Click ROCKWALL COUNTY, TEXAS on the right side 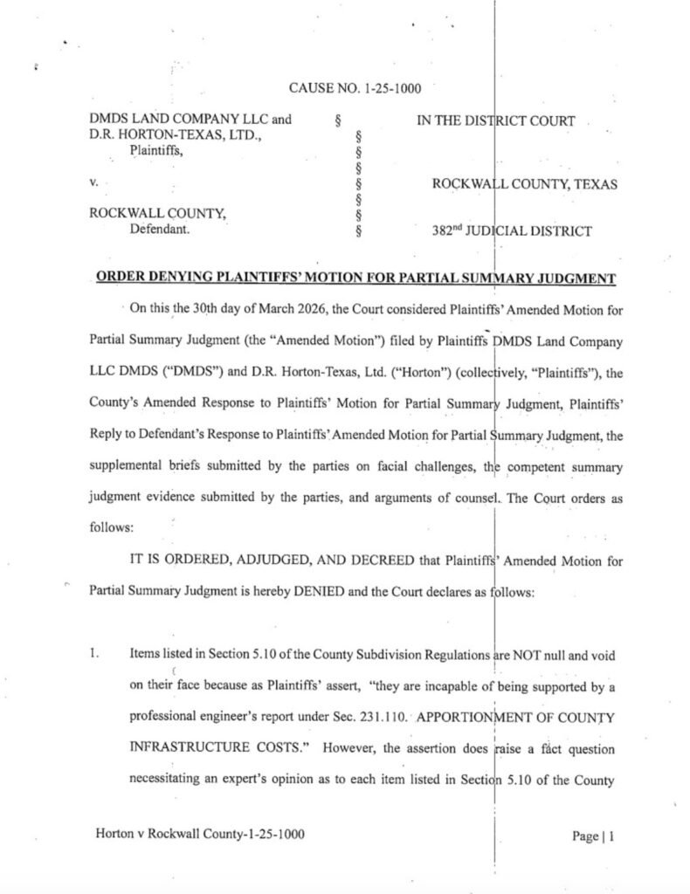tap(525, 184)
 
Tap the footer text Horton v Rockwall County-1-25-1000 tap(199, 835)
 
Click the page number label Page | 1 tap(594, 836)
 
